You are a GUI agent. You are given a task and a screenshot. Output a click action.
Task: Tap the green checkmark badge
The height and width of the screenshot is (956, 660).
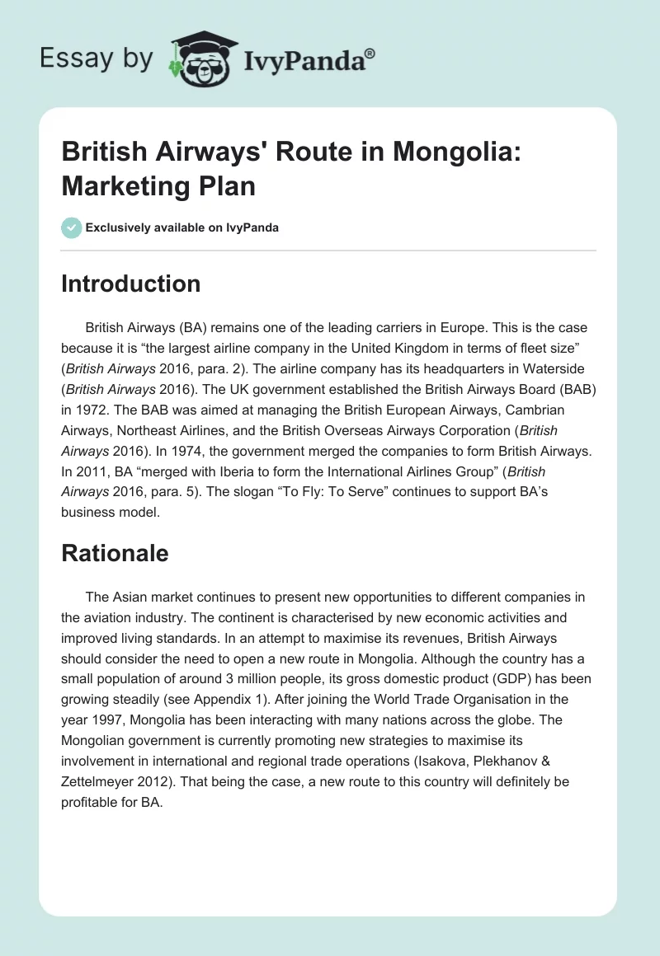72,227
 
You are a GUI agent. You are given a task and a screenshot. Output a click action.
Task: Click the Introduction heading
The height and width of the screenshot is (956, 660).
131,284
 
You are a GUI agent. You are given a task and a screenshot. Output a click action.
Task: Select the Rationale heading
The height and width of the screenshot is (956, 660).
115,553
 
